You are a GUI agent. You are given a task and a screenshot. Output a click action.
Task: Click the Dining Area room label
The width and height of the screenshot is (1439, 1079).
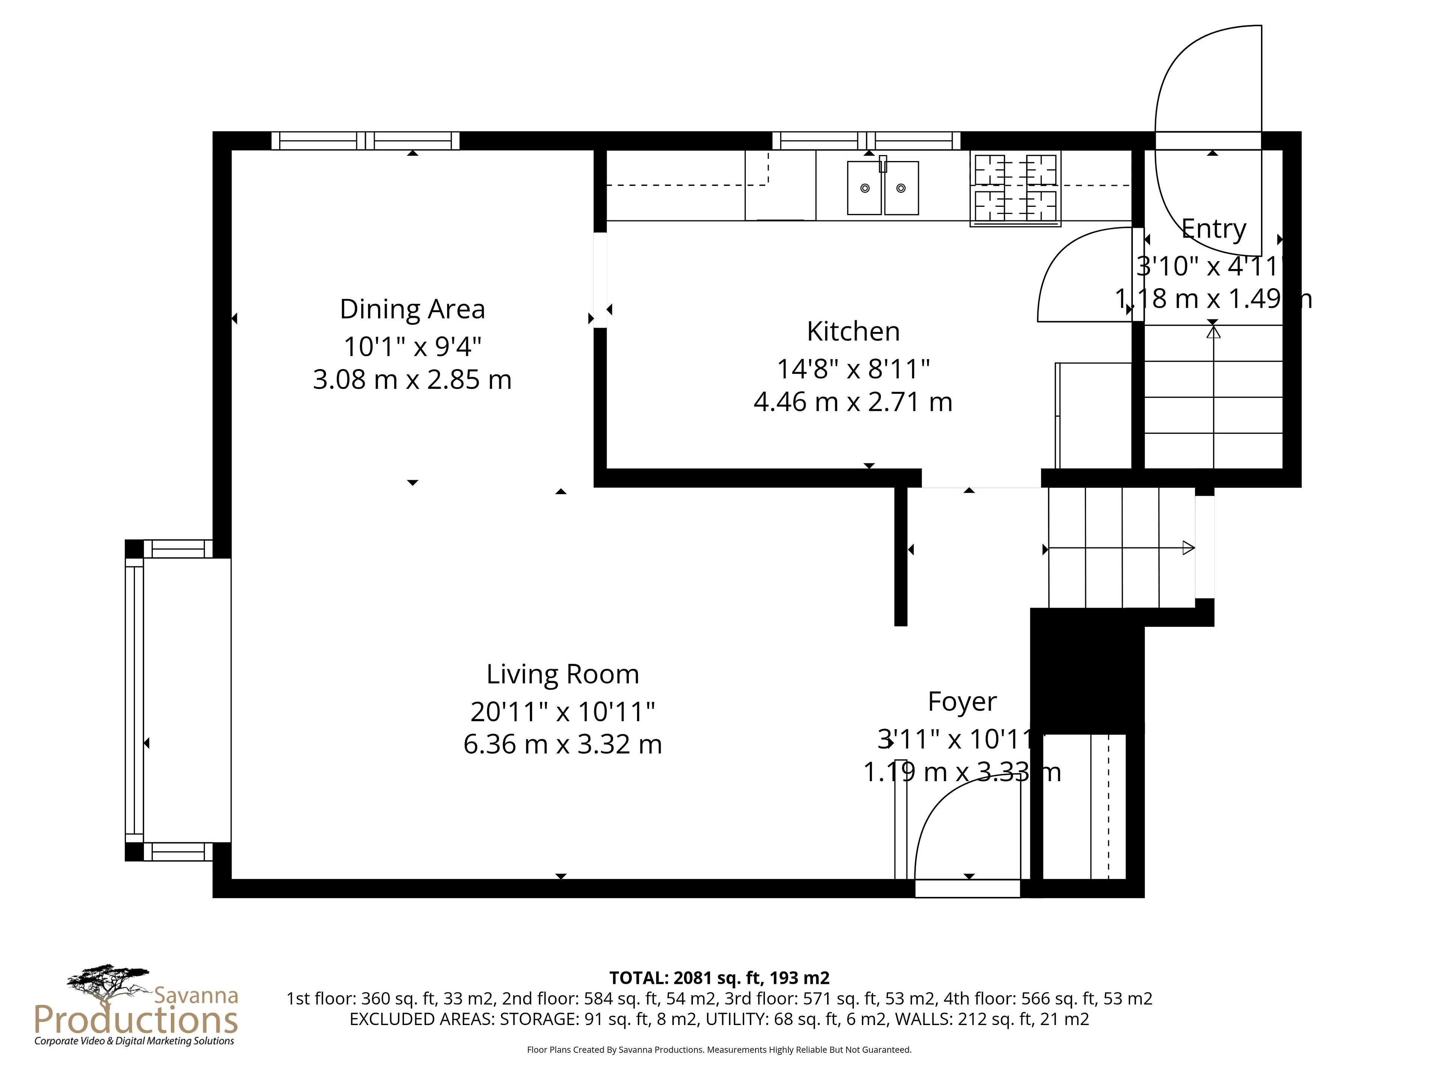413,309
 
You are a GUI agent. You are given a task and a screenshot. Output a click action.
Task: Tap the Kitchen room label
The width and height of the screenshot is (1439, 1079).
853,332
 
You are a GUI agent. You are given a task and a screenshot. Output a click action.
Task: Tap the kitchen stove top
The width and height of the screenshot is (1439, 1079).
1016,188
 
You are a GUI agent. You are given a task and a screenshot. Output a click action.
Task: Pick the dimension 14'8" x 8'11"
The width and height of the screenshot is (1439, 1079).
853,369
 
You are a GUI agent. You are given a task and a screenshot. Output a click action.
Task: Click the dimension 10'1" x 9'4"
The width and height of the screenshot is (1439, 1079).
413,347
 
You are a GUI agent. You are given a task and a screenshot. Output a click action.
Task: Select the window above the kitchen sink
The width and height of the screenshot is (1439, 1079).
866,140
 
